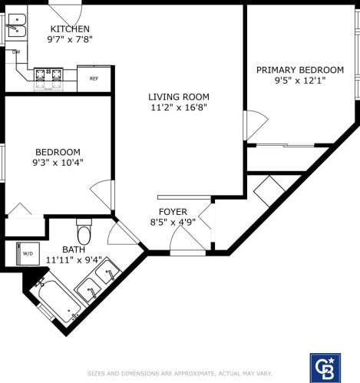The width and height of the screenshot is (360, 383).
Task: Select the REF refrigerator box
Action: [94, 78]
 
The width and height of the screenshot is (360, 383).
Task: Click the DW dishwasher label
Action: [16, 51]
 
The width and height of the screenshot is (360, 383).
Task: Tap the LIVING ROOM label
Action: [179, 97]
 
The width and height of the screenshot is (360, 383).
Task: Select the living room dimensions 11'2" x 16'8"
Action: [179, 108]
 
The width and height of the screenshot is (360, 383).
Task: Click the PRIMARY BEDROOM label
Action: [299, 70]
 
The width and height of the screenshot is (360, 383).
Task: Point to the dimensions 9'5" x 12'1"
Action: [299, 81]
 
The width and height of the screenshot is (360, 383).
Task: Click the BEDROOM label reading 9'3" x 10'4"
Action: [58, 152]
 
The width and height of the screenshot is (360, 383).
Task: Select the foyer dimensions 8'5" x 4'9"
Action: [173, 223]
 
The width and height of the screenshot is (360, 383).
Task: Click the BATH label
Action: [74, 249]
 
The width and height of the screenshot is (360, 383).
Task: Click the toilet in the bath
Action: [84, 230]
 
